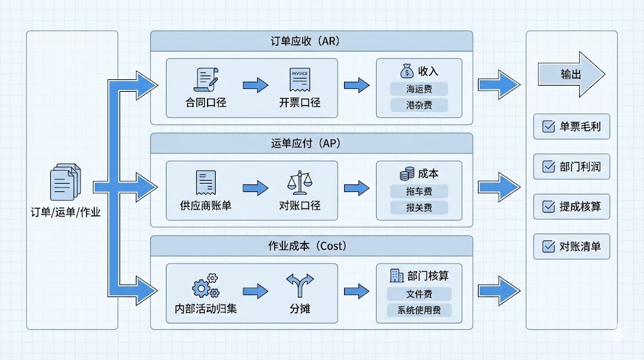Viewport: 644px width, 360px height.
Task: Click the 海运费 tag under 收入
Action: click(419, 89)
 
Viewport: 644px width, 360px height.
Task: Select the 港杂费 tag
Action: click(419, 105)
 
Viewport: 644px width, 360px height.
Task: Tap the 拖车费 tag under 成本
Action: click(419, 191)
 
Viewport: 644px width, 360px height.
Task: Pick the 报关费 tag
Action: click(419, 207)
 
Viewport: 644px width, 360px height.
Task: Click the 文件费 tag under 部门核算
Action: click(419, 294)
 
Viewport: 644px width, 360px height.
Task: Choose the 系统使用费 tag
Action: click(419, 310)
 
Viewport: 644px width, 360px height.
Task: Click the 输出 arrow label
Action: click(571, 74)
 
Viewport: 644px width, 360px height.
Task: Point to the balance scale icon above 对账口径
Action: click(299, 183)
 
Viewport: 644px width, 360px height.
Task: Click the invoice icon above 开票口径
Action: click(299, 80)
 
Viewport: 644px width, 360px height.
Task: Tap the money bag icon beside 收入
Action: click(406, 71)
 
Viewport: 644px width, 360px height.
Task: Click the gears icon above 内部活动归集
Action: click(206, 286)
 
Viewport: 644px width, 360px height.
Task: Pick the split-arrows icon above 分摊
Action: click(299, 285)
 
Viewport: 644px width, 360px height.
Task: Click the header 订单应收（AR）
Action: click(311, 42)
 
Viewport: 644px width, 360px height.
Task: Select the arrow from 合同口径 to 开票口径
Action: click(255, 85)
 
